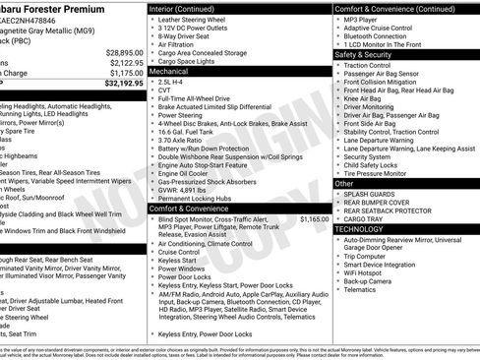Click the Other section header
click(343, 183)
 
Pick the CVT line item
click(165, 95)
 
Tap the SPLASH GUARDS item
click(372, 195)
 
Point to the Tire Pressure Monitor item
click(384, 173)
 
